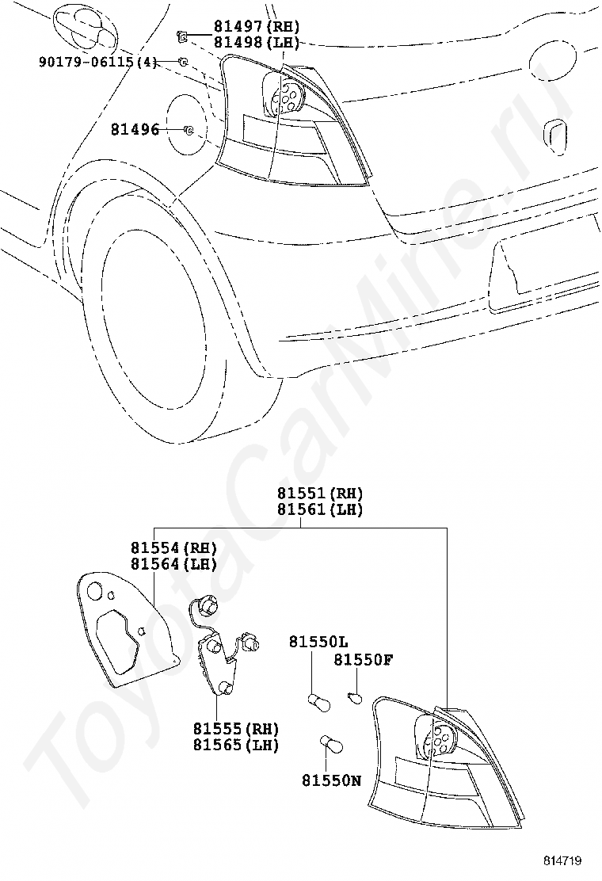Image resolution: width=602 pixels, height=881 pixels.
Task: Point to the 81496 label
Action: tap(135, 129)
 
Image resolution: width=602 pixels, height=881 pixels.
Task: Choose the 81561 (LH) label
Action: tap(320, 510)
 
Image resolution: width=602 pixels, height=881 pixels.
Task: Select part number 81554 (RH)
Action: tap(173, 547)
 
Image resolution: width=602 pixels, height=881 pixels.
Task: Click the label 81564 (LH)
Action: tap(173, 563)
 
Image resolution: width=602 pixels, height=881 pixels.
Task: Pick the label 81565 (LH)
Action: tap(236, 745)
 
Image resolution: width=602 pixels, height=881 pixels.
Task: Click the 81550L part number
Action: tap(318, 641)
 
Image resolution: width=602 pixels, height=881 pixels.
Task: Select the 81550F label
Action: tap(363, 659)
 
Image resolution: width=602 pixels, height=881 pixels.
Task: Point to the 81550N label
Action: tap(331, 781)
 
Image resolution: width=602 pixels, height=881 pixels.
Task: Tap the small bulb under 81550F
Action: tap(355, 698)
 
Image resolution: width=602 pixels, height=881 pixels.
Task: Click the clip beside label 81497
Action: tap(181, 35)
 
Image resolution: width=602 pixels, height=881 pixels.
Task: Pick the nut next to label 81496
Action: tap(189, 130)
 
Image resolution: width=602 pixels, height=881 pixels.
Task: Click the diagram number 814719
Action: tap(563, 860)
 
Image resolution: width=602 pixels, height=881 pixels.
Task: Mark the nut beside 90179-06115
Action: tap(183, 62)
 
